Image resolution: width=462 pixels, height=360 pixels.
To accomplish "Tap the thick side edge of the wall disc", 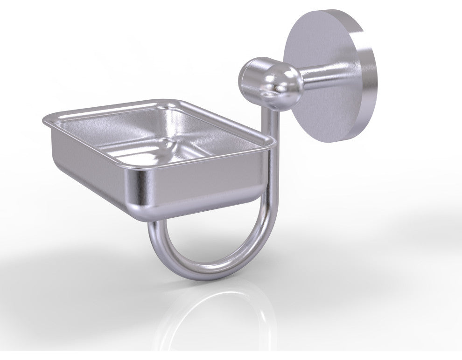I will [369, 79].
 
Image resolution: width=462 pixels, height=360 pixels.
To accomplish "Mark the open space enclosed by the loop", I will [210, 238].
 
